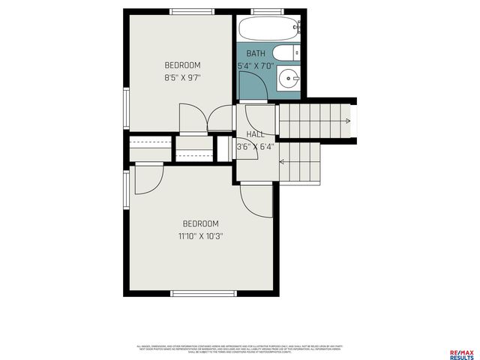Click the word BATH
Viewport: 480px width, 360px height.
click(256, 54)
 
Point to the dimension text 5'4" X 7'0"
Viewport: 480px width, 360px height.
click(254, 66)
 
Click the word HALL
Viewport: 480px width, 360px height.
click(255, 134)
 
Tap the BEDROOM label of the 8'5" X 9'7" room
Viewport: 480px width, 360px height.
click(182, 65)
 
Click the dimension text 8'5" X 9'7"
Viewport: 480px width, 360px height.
click(182, 77)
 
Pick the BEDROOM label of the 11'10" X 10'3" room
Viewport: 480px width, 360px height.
click(200, 223)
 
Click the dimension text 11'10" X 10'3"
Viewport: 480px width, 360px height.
click(200, 235)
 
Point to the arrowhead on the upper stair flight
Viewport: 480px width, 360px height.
click(346, 121)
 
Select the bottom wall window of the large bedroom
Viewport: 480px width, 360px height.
click(193, 293)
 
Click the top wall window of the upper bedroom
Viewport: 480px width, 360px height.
click(191, 11)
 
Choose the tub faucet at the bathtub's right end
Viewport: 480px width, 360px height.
click(297, 28)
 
